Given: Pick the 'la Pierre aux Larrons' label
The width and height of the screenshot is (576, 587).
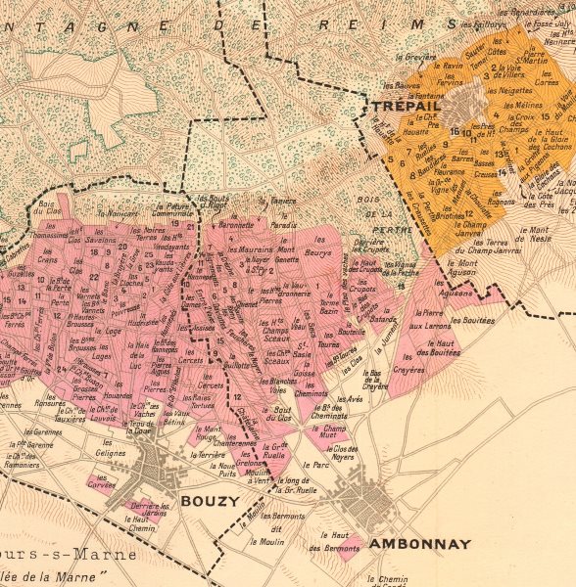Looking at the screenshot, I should (x=427, y=319).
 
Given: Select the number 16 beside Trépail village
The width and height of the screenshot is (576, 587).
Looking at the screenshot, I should (x=455, y=131).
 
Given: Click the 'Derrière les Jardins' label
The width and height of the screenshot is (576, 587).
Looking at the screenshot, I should (x=143, y=510).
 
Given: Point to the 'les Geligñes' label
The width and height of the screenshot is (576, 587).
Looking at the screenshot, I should (x=111, y=454).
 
